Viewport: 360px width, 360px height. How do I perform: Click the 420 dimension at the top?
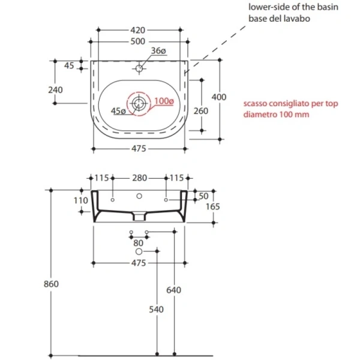click(x=138, y=29)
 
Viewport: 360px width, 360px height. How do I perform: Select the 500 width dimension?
click(x=138, y=41)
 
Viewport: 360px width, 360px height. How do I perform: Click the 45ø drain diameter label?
click(x=119, y=111)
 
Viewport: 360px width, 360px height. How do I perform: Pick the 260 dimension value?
click(x=201, y=110)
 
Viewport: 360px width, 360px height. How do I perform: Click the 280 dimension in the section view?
click(x=139, y=178)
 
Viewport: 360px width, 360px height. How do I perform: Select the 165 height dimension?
click(x=213, y=206)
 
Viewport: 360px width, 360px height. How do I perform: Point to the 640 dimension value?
click(x=174, y=290)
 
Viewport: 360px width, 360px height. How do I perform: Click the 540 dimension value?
click(x=157, y=311)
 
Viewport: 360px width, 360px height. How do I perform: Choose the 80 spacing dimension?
click(x=139, y=243)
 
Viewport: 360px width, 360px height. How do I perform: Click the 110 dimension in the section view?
click(x=80, y=200)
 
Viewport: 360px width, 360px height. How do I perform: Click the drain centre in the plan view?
click(x=139, y=103)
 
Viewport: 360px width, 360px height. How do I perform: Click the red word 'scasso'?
click(x=256, y=103)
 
